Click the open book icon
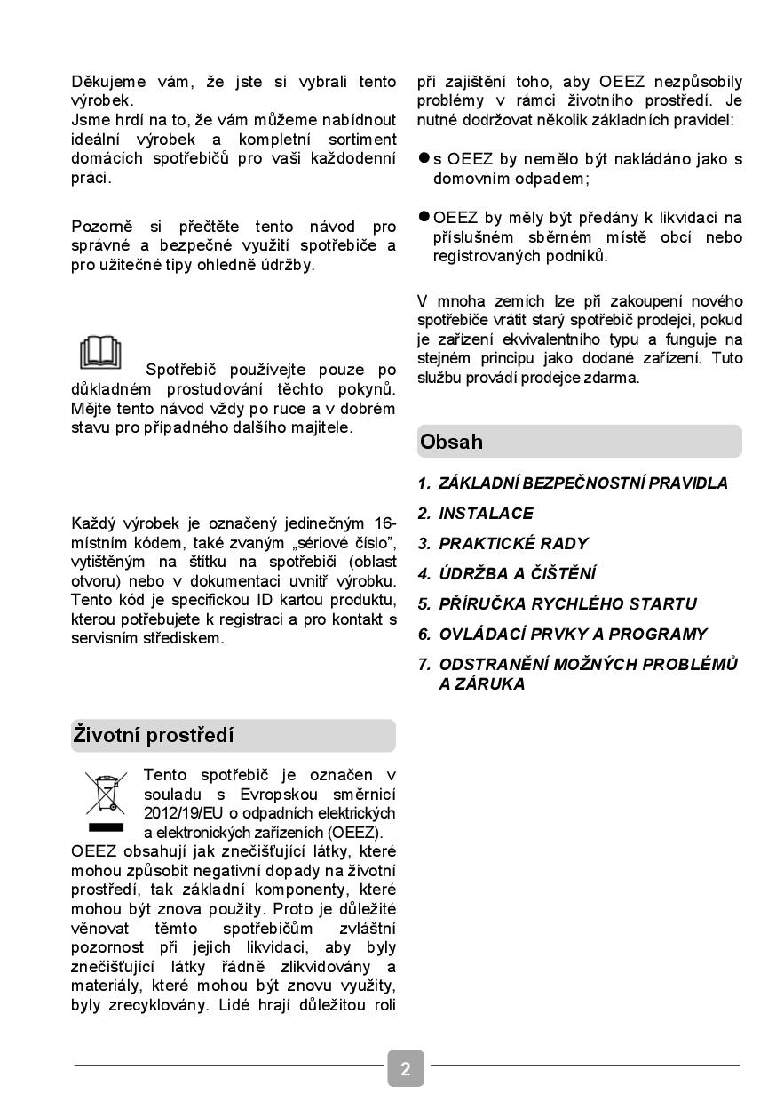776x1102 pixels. (99, 352)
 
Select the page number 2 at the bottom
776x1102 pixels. (405, 1068)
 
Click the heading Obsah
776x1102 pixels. (452, 442)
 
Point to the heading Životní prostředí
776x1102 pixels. (154, 736)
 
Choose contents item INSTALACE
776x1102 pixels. (486, 514)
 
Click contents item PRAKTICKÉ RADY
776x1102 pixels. (513, 544)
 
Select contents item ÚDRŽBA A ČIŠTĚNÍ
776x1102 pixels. (518, 574)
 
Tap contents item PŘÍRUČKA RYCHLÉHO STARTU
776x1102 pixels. (567, 604)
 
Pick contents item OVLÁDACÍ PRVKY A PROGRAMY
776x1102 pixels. (573, 635)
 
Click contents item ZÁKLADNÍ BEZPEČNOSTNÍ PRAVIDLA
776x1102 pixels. (582, 483)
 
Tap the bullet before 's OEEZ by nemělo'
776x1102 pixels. (424, 158)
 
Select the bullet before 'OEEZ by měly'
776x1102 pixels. (424, 217)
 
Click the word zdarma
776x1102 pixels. (614, 378)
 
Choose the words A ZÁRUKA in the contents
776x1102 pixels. (481, 684)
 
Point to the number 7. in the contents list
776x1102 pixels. (424, 665)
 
